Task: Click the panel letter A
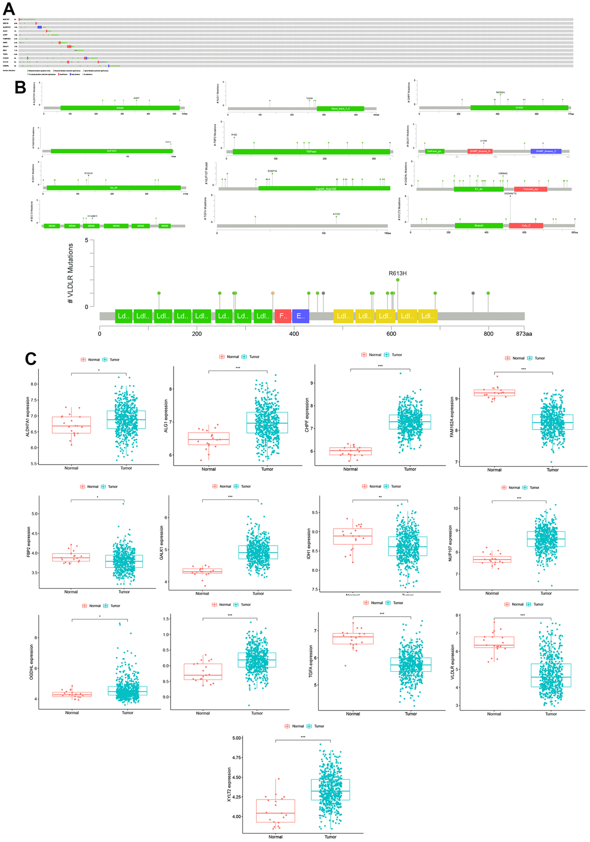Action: click(8, 9)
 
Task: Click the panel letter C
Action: click(30, 358)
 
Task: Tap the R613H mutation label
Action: click(397, 274)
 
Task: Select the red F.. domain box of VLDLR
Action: click(283, 316)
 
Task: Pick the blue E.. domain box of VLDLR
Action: click(300, 316)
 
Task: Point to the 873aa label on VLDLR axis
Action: click(524, 334)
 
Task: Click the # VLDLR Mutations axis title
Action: click(71, 273)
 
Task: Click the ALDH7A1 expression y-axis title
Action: click(28, 416)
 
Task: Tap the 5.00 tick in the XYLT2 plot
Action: click(236, 738)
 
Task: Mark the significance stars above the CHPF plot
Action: click(380, 366)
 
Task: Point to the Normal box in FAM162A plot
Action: click(494, 393)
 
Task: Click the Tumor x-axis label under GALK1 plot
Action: click(258, 593)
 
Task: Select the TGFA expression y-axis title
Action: click(311, 661)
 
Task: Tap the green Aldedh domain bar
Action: click(120, 108)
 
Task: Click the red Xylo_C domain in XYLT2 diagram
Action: click(526, 225)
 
